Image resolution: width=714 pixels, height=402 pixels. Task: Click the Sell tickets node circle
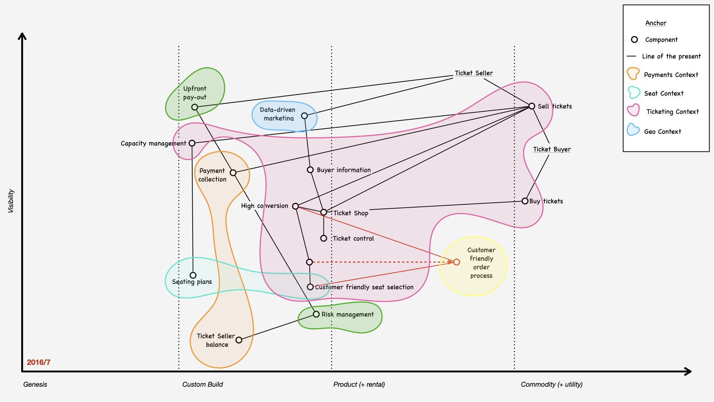(x=532, y=106)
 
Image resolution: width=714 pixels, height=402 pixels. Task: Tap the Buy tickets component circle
(x=525, y=201)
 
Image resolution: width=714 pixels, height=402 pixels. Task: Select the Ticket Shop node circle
(x=324, y=212)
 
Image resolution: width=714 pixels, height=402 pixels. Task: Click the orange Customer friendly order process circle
(x=457, y=262)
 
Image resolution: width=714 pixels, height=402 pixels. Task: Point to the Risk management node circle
(x=316, y=314)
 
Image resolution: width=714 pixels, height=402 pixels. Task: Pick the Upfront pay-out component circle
(x=194, y=107)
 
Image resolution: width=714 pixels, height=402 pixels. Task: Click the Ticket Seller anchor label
(x=474, y=73)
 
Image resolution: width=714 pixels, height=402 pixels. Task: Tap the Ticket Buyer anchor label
(x=552, y=149)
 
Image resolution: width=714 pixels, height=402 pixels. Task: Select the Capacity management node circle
(x=192, y=143)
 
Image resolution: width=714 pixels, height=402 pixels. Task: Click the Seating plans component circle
(x=193, y=275)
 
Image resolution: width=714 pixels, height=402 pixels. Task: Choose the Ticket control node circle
(x=324, y=238)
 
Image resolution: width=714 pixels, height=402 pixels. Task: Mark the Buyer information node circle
(x=310, y=170)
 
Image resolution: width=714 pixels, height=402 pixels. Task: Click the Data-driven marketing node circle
(x=305, y=116)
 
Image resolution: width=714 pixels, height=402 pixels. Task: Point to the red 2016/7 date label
(x=39, y=362)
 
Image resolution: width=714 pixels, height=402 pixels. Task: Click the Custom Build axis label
(x=203, y=385)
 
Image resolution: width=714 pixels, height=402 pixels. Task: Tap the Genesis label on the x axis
(x=35, y=385)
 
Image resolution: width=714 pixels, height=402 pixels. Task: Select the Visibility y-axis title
(x=11, y=201)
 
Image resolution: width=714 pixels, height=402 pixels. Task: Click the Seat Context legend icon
(x=634, y=93)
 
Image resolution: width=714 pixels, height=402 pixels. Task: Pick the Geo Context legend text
(x=662, y=131)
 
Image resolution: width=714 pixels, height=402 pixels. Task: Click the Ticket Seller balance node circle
(x=239, y=340)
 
